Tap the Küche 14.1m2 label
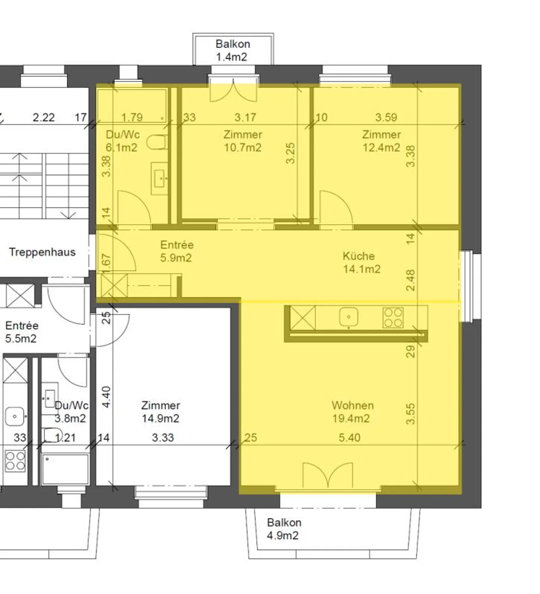pyautogui.click(x=361, y=263)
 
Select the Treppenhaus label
pyautogui.click(x=42, y=252)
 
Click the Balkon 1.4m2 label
pyautogui.click(x=232, y=50)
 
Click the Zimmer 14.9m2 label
pyautogui.click(x=160, y=412)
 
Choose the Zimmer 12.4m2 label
pyautogui.click(x=381, y=141)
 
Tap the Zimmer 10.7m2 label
pyautogui.click(x=243, y=141)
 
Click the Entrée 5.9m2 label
pyautogui.click(x=176, y=251)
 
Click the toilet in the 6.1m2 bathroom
pyautogui.click(x=157, y=143)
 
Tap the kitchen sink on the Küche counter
pyautogui.click(x=348, y=317)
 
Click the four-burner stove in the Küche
pyautogui.click(x=393, y=318)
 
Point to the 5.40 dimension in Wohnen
pyautogui.click(x=349, y=437)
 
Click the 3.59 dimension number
pyautogui.click(x=386, y=117)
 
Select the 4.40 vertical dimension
pyautogui.click(x=106, y=397)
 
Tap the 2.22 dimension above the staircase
pyautogui.click(x=43, y=117)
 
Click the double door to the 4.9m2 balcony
pyautogui.click(x=327, y=475)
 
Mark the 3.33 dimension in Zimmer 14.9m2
pyautogui.click(x=163, y=437)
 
